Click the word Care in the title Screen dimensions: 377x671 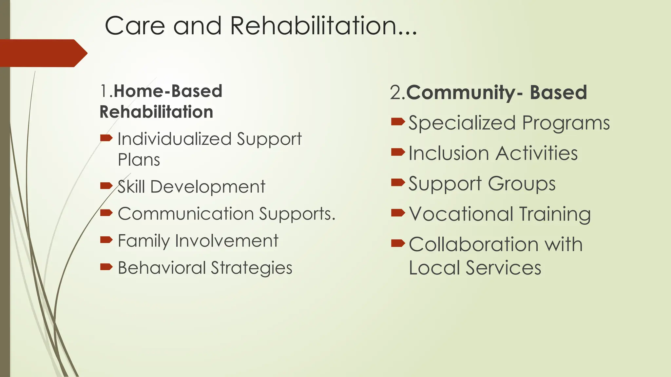(135, 26)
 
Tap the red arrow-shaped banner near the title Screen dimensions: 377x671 (43, 53)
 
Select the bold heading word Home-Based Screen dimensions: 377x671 (168, 91)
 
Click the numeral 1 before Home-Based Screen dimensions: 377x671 (104, 91)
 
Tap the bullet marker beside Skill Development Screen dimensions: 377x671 (106, 186)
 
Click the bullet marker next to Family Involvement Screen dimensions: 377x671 (106, 240)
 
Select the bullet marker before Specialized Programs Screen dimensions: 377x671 (398, 122)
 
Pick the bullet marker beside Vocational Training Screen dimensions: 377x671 (398, 213)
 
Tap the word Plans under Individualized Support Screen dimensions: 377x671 (139, 160)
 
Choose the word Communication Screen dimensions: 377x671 (186, 214)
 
